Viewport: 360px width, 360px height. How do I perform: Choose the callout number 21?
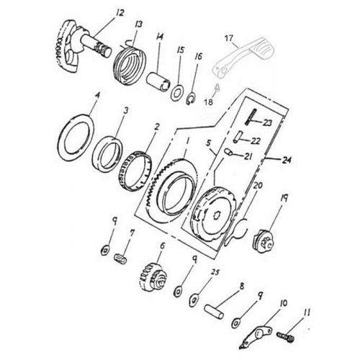(x=247, y=156)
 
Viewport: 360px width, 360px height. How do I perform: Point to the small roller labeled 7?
(x=122, y=258)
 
